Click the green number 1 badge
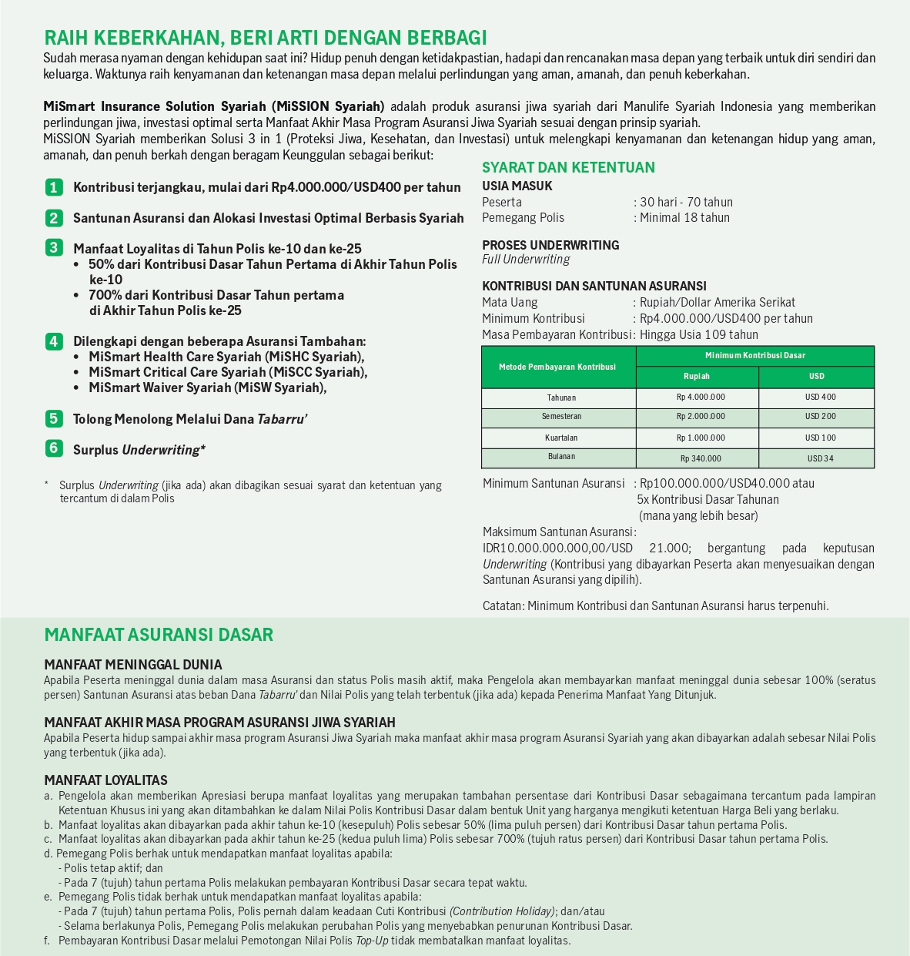click(53, 186)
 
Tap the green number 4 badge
click(53, 341)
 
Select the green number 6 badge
click(53, 448)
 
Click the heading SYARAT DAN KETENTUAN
click(568, 167)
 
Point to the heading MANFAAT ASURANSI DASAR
click(159, 635)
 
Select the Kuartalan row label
click(561, 438)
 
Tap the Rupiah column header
click(697, 377)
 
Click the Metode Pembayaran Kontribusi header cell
click(557, 367)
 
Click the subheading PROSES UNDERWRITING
click(550, 245)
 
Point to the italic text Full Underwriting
click(526, 260)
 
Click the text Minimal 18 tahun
click(684, 218)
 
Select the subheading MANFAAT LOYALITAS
click(105, 780)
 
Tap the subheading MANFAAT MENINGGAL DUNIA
click(132, 664)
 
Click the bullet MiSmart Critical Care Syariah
click(228, 372)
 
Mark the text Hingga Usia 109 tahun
click(698, 334)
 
